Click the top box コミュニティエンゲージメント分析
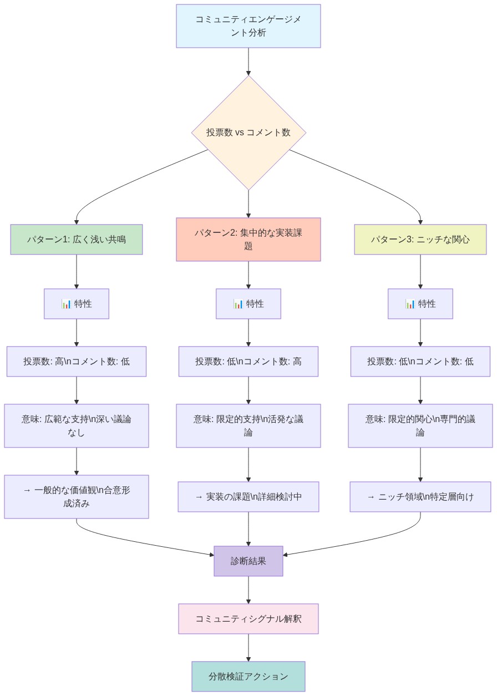248,26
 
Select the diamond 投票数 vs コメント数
248,133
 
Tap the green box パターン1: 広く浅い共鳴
77,240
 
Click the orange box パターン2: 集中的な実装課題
248,239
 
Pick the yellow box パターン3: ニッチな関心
420,240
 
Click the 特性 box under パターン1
77,304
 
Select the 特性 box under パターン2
248,304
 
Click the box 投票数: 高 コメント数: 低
77,362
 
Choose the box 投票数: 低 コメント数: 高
248,362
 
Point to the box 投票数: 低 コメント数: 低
420,362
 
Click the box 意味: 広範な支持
77,426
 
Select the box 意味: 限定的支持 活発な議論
248,426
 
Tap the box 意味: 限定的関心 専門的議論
420,426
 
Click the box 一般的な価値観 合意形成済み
77,497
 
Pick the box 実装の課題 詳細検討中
248,497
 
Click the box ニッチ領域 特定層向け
420,497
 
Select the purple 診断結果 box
248,561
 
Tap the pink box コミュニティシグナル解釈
248,619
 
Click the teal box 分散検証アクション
248,677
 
